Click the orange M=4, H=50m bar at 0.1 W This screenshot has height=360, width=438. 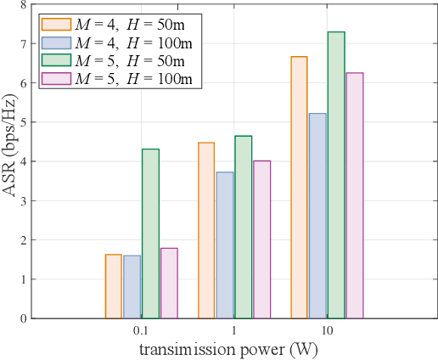click(113, 286)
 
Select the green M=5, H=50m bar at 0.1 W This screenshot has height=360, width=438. click(150, 233)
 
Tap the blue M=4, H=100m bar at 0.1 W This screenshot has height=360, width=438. click(132, 287)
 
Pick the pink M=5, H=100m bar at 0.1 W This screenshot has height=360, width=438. click(169, 283)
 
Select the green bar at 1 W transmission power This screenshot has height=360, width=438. click(244, 227)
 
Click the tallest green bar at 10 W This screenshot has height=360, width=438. click(336, 175)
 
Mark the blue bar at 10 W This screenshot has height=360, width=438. click(317, 216)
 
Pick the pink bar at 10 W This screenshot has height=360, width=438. click(355, 195)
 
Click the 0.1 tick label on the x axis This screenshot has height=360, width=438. click(141, 330)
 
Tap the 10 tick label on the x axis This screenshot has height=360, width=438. click(327, 330)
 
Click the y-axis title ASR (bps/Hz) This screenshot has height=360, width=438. click(9, 161)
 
